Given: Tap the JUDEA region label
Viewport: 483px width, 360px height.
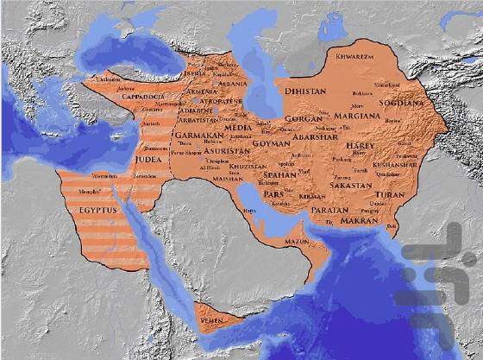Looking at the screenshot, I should (x=147, y=159).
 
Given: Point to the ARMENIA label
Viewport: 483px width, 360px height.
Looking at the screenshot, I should (x=201, y=92).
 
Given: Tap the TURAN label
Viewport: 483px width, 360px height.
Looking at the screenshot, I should (x=390, y=195).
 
